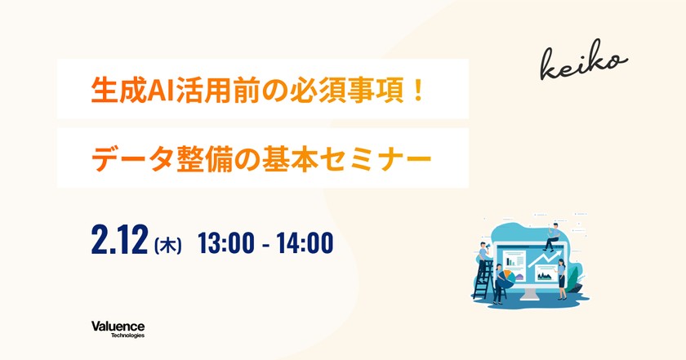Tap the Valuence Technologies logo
click(x=118, y=329)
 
